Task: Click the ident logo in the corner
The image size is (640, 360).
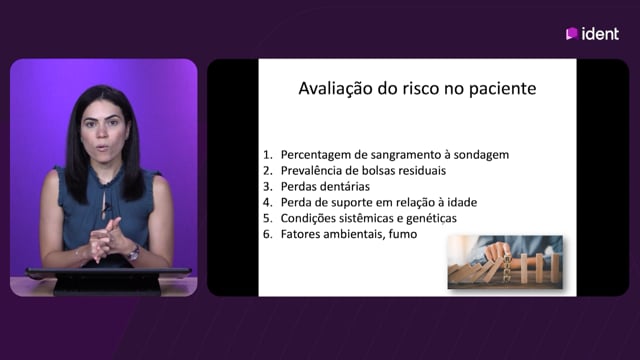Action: coord(592,33)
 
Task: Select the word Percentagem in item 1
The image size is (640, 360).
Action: coord(311,155)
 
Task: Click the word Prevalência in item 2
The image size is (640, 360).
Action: coord(310,170)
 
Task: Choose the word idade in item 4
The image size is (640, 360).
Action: coord(462,202)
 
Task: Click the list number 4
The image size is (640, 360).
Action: coord(267,202)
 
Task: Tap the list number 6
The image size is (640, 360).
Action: coord(267,234)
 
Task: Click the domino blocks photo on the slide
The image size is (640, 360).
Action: coord(505,262)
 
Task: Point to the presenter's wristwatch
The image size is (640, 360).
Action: coord(133,253)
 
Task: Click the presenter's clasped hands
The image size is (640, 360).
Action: coord(105,240)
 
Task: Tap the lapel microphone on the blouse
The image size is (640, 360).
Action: coord(106,207)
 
